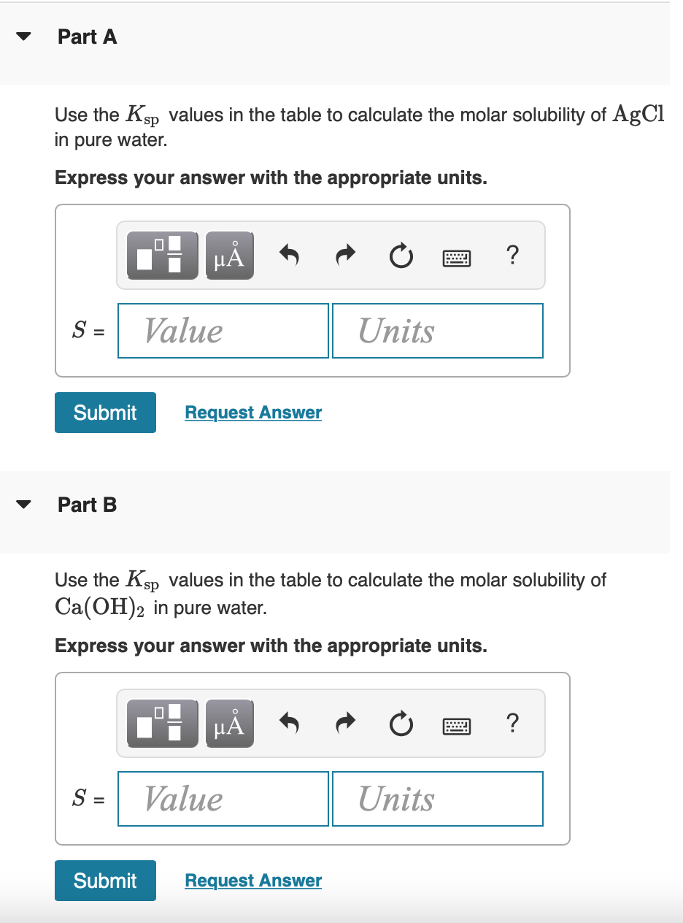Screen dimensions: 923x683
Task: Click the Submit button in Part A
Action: pos(105,413)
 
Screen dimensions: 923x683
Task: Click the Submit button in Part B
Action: pos(105,881)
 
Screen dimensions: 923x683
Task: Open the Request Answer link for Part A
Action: pos(253,413)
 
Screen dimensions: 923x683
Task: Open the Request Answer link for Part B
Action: pos(253,881)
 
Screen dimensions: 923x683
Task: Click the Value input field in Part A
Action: pos(223,331)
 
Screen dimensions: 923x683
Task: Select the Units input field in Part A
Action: pos(438,331)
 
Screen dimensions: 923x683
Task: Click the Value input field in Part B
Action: pos(223,799)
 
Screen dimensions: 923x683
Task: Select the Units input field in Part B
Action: pos(438,799)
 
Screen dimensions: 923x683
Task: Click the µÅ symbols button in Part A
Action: pos(230,256)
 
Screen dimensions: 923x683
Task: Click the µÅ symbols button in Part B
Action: pos(230,724)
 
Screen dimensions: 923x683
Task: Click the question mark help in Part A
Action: pos(512,256)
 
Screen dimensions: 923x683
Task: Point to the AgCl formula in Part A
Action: pos(639,114)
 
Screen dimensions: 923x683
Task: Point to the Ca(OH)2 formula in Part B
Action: pos(101,608)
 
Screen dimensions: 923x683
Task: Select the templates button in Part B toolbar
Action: pos(162,724)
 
